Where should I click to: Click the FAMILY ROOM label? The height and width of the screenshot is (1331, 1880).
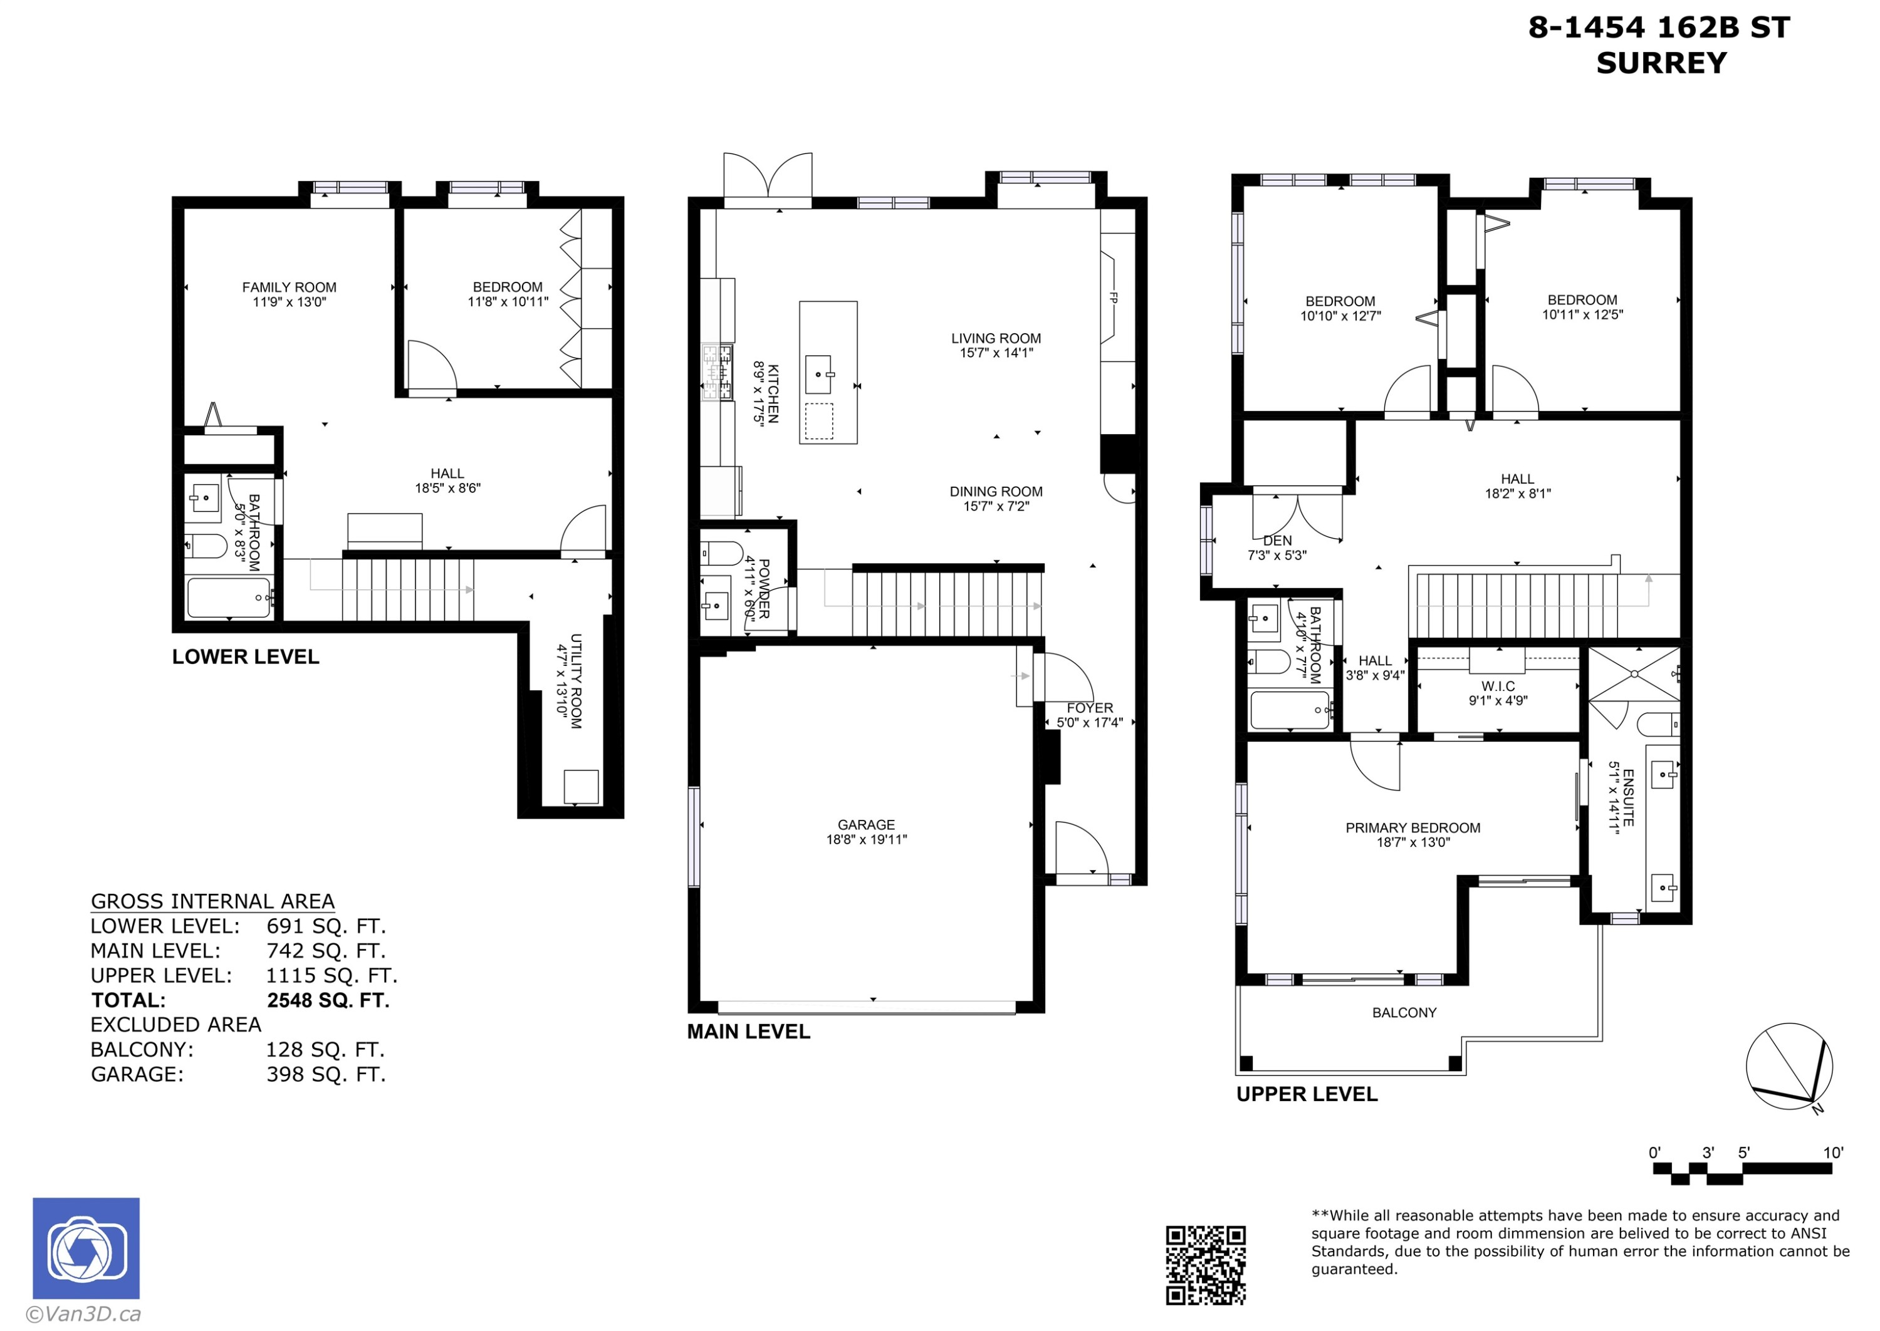coord(289,287)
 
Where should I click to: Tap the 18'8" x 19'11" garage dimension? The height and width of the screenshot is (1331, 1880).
coord(866,839)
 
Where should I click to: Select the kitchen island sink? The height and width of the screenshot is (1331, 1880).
coord(818,375)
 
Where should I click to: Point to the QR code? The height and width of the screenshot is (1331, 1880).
coord(1205,1265)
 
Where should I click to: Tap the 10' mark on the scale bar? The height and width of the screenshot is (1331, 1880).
coord(1832,1152)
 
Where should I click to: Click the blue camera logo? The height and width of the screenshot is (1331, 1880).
coord(86,1248)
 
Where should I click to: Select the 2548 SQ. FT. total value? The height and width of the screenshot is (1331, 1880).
coord(328,1000)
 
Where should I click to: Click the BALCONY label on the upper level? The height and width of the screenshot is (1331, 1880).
coord(1404,1012)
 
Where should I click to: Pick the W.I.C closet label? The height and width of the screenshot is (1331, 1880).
coord(1498,686)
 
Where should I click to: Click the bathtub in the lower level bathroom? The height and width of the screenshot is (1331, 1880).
coord(229,598)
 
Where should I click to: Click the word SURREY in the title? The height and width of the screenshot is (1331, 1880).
coord(1661,63)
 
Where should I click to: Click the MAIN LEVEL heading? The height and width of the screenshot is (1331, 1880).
coord(748,1032)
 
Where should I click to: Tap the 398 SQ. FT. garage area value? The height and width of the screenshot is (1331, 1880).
coord(325,1074)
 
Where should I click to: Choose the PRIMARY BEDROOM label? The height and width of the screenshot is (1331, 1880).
coord(1413,828)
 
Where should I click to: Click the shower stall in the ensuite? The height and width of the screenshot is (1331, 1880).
coord(1633,674)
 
